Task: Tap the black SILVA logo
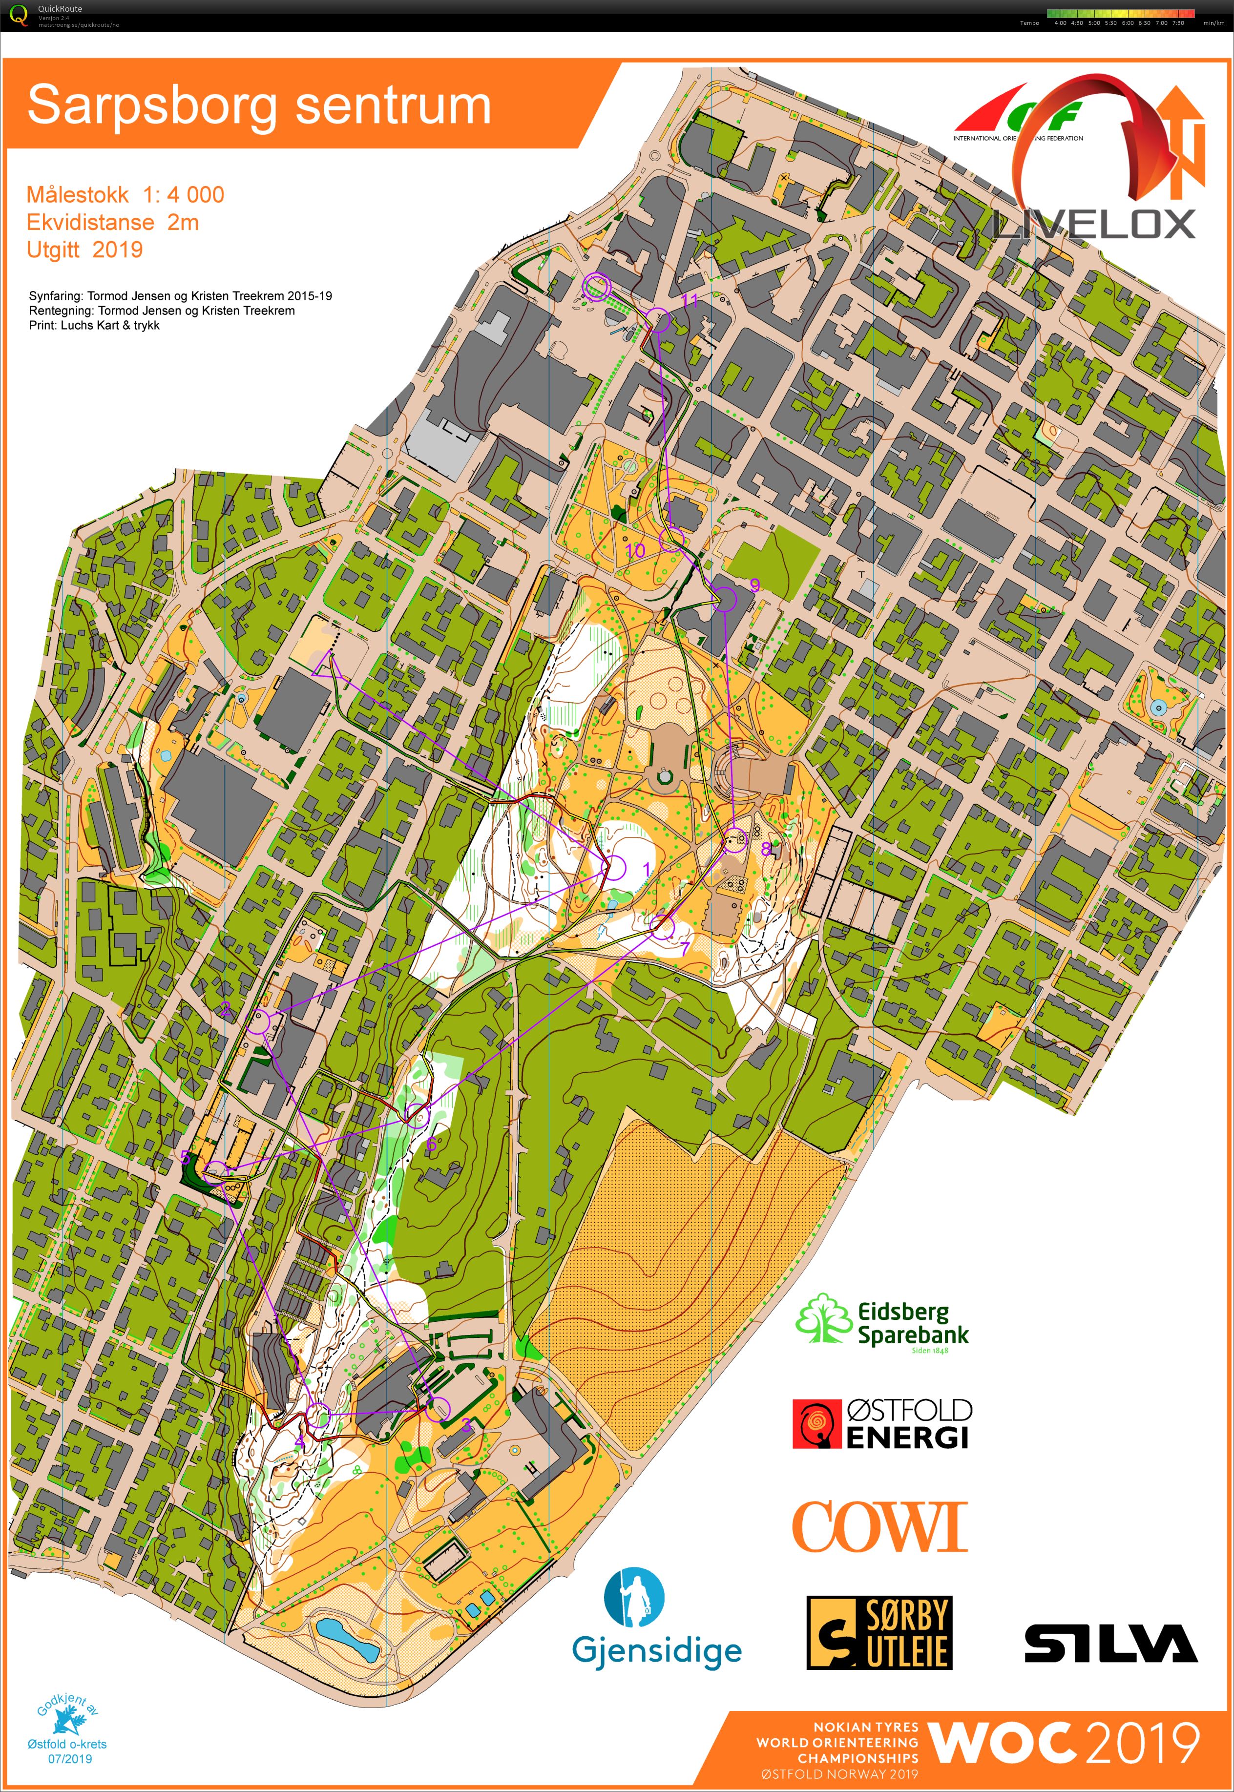1110,1643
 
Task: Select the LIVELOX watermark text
1093,224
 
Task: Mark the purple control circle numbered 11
658,319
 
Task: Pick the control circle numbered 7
663,926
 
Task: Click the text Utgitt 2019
84,250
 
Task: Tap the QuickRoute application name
60,8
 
